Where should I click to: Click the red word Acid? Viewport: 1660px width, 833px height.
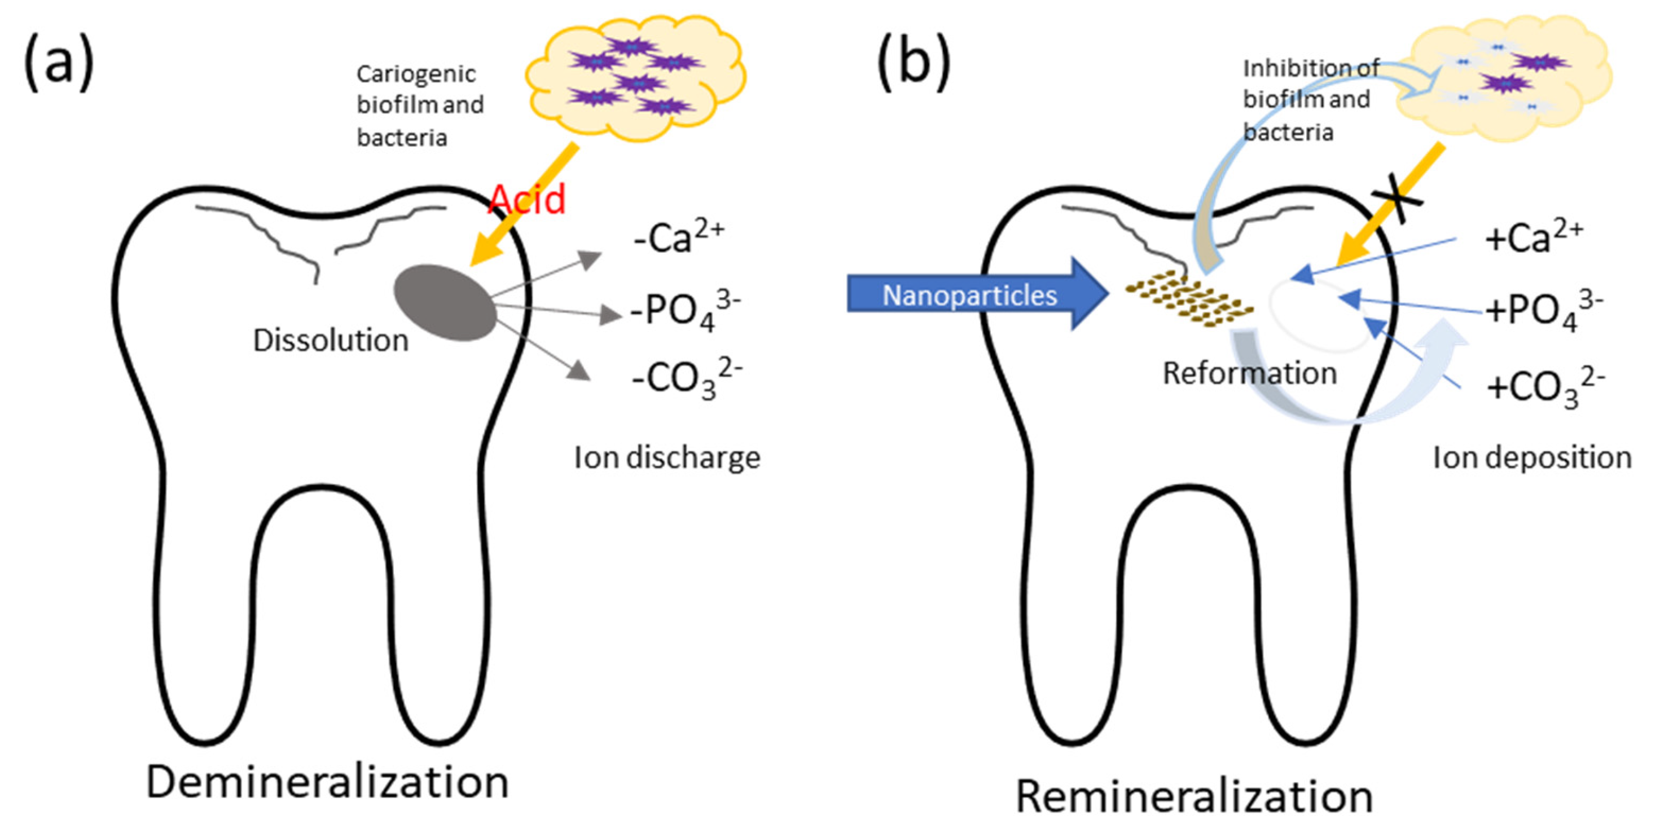(526, 199)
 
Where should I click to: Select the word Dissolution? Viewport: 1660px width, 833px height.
(331, 340)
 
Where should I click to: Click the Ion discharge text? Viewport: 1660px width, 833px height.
(667, 458)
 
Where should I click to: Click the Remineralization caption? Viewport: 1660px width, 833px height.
(1194, 796)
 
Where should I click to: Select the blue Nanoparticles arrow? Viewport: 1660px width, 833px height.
(976, 294)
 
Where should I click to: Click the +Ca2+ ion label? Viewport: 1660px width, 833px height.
(1534, 237)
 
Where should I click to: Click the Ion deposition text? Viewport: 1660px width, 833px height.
(1532, 458)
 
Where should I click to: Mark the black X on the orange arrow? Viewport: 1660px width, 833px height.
(1396, 204)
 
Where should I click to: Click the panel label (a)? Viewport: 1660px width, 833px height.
(59, 62)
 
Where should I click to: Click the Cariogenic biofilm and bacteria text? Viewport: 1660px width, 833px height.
(419, 105)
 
